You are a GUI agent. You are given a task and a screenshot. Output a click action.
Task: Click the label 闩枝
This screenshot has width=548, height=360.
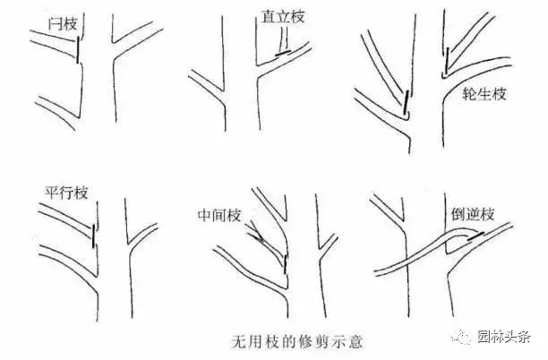pyautogui.click(x=63, y=24)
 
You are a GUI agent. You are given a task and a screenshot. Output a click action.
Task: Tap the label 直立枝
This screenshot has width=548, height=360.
pyautogui.click(x=283, y=17)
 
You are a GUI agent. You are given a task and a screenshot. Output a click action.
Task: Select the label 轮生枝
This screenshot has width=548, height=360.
pyautogui.click(x=484, y=94)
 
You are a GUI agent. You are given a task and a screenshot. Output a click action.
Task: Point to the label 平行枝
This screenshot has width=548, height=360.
pyautogui.click(x=66, y=193)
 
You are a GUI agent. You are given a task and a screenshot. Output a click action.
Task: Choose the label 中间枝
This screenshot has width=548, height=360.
pyautogui.click(x=219, y=215)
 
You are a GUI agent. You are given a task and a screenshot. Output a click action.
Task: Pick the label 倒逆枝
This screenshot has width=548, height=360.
pyautogui.click(x=473, y=214)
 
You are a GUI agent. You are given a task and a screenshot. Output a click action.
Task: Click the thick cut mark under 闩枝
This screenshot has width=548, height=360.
pyautogui.click(x=77, y=51)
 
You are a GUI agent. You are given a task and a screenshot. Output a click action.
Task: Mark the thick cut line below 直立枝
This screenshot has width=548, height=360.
pyautogui.click(x=283, y=53)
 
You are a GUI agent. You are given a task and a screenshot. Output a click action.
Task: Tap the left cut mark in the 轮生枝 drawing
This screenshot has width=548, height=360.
pyautogui.click(x=407, y=102)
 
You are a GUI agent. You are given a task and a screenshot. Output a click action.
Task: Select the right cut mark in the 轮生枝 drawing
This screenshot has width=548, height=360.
pyautogui.click(x=447, y=61)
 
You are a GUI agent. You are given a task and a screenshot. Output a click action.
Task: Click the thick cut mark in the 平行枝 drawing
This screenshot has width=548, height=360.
pyautogui.click(x=93, y=236)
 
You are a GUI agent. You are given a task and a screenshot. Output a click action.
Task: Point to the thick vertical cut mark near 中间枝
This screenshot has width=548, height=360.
pyautogui.click(x=286, y=264)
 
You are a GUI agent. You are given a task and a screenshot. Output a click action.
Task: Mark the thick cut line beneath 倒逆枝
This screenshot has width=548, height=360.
pyautogui.click(x=475, y=236)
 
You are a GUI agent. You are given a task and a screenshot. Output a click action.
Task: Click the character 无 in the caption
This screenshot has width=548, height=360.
pyautogui.click(x=238, y=341)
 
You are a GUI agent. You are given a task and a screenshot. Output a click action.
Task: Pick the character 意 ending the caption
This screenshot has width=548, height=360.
pyautogui.click(x=355, y=341)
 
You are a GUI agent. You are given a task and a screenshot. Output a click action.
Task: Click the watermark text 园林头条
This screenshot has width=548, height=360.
pyautogui.click(x=504, y=337)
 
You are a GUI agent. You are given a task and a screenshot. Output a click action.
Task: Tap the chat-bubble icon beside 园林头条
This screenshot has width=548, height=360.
pyautogui.click(x=462, y=337)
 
